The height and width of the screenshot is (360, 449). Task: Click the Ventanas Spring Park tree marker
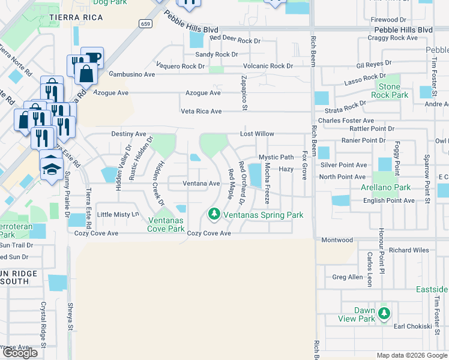[213, 214]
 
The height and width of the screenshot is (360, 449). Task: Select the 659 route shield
[144, 23]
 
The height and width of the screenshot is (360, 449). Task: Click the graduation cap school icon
[52, 166]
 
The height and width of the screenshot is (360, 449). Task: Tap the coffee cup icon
[92, 58]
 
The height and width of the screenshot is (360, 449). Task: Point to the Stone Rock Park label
[389, 91]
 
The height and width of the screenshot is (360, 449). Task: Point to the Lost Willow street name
[257, 134]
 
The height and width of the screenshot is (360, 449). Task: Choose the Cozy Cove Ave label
[209, 233]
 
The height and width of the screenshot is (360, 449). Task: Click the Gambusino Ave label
[131, 74]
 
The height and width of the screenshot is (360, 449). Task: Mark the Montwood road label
[337, 240]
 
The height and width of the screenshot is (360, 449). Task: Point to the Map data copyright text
[411, 355]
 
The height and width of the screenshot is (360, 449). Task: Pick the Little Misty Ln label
[118, 214]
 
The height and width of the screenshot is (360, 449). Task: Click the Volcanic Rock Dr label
[268, 66]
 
